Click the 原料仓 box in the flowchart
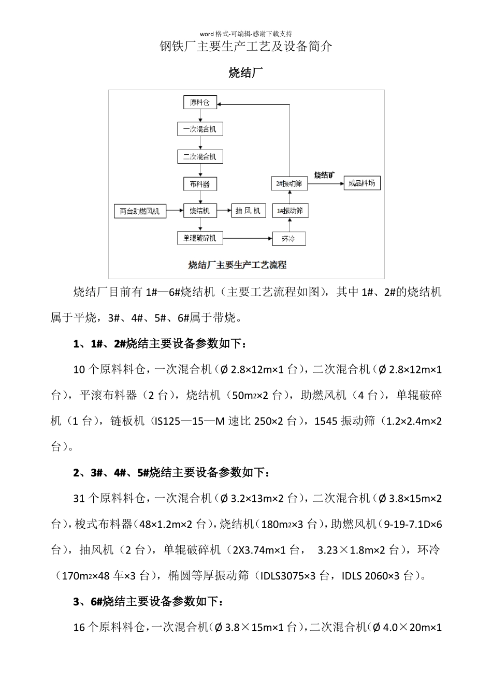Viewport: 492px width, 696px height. [199, 102]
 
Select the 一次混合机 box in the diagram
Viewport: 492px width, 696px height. [199, 129]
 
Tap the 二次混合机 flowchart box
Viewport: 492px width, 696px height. [199, 156]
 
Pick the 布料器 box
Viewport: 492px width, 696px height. [199, 184]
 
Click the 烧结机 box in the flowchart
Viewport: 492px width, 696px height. [199, 211]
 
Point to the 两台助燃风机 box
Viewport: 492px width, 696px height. [140, 211]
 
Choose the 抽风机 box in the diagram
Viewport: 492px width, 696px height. [248, 211]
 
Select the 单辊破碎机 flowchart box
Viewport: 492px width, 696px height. [199, 238]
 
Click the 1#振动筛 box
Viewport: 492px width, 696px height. [290, 211]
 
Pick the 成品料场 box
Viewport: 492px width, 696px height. [362, 183]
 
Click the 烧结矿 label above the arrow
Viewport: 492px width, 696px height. [325, 175]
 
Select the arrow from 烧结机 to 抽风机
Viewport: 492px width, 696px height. [223, 211]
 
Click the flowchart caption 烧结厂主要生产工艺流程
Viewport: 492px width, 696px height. [237, 265]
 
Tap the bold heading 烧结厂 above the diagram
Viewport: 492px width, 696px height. [246, 73]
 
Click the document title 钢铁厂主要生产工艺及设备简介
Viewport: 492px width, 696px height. [246, 47]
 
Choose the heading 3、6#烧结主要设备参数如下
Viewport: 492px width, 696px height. [149, 602]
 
